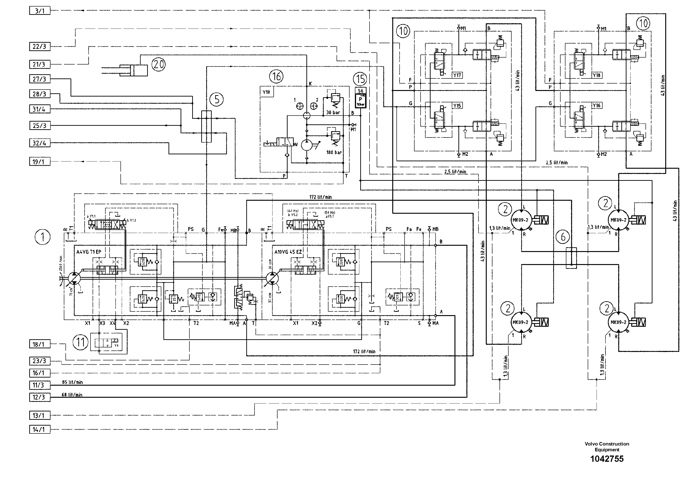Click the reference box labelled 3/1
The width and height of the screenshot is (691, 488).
click(x=40, y=11)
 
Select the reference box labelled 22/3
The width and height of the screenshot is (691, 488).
click(x=40, y=47)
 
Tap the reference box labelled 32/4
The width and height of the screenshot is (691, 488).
click(x=40, y=143)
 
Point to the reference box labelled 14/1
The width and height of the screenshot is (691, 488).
click(x=40, y=429)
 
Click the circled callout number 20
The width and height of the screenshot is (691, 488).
click(x=158, y=64)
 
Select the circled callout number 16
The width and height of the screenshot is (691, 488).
click(x=276, y=77)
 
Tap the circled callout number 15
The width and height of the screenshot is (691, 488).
click(x=360, y=79)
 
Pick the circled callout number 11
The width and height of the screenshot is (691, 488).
click(x=80, y=342)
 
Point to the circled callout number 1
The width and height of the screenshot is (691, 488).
click(x=42, y=237)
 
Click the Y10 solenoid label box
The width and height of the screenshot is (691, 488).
click(x=267, y=92)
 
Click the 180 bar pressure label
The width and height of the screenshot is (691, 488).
click(x=334, y=152)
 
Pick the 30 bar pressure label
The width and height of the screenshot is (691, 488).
click(x=333, y=113)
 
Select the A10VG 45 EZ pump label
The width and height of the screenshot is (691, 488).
click(x=288, y=252)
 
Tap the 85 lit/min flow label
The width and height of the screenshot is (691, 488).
click(x=72, y=382)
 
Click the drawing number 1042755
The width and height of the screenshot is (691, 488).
click(x=607, y=459)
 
